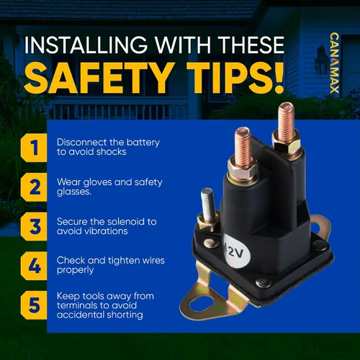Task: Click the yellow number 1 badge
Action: (34, 148)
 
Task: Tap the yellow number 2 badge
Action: (34, 187)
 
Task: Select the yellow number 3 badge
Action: (34, 226)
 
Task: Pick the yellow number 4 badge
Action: (34, 266)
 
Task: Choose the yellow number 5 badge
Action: (34, 305)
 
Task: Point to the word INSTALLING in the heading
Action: (86, 45)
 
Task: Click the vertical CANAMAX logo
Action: (334, 63)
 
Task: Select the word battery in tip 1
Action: (143, 143)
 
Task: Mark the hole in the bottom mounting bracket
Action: (200, 302)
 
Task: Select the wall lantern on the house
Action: (322, 60)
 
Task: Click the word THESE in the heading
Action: (252, 45)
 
